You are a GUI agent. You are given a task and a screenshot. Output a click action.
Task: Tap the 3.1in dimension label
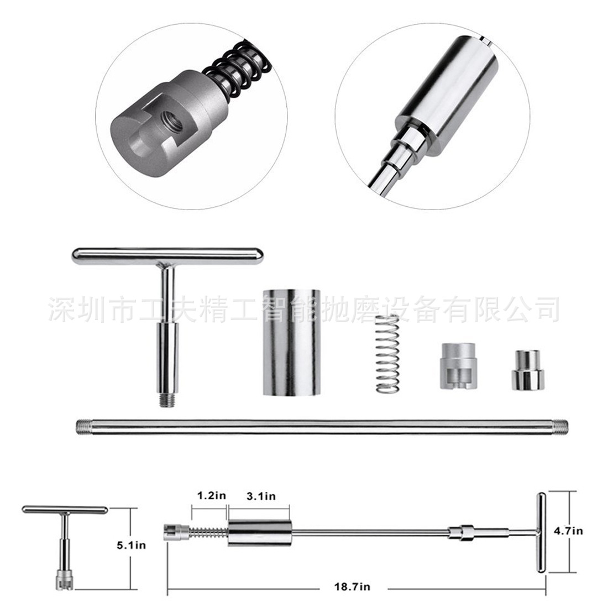261,496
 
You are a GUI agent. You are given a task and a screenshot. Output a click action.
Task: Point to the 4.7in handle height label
568,531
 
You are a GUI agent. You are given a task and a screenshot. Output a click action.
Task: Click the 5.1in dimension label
131,545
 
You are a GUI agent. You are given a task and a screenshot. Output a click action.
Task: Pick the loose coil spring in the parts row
388,353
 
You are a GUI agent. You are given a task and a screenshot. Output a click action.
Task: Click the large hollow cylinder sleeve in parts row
292,342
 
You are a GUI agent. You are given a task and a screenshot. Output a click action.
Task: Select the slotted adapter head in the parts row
458,366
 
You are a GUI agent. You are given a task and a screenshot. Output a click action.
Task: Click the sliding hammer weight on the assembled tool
260,533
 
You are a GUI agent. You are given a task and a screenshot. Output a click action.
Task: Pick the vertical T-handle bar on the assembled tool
541,533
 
